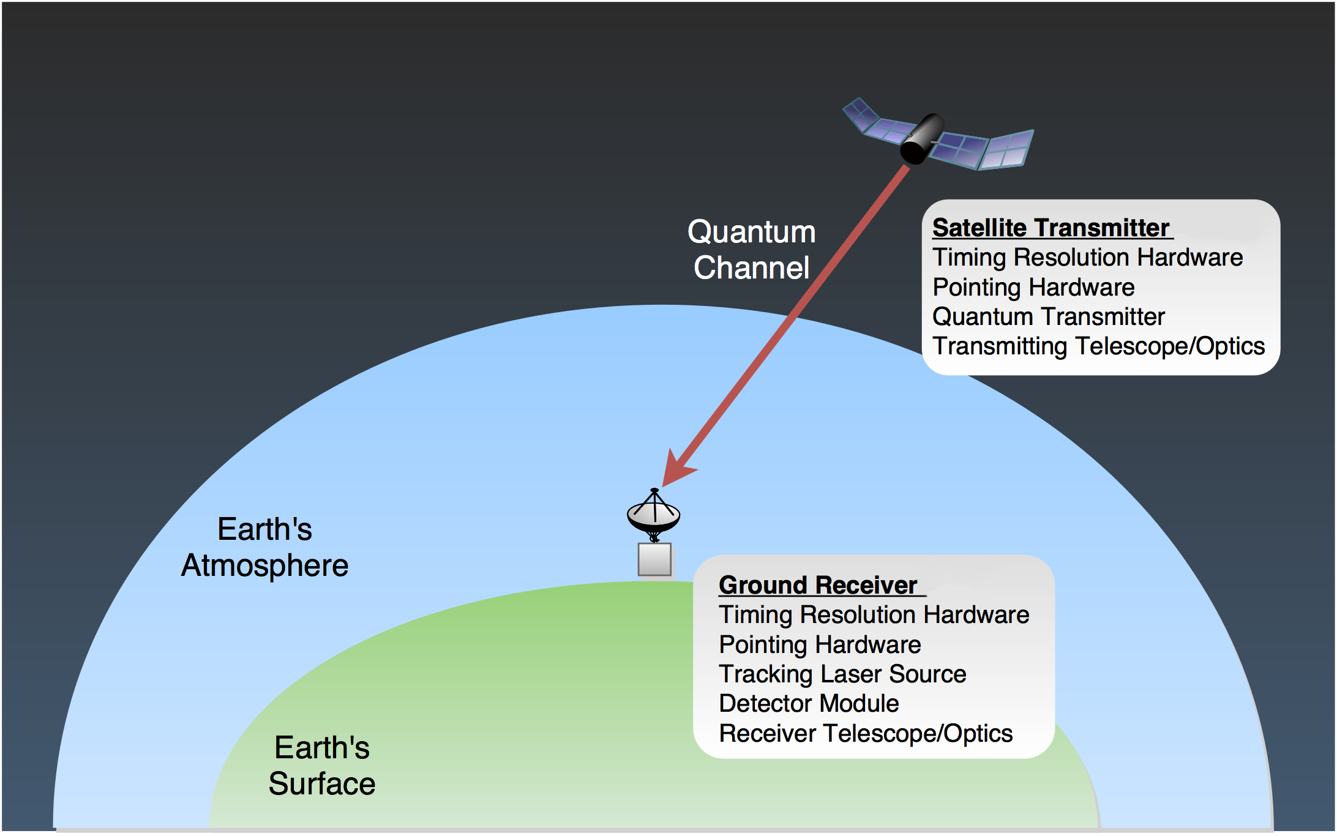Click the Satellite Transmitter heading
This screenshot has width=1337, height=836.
1050,228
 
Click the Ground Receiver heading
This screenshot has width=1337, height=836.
818,585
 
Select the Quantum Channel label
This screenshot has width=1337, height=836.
751,250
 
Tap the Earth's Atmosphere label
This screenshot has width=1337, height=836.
264,547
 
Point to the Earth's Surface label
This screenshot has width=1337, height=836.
322,766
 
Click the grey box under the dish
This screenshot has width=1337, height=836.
654,559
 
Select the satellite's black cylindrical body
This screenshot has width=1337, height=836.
922,138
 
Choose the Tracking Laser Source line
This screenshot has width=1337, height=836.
842,674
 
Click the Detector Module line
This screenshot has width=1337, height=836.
809,704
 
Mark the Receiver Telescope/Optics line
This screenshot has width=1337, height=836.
866,733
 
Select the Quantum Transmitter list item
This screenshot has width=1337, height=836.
1048,316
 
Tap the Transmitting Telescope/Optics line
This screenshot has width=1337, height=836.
1098,346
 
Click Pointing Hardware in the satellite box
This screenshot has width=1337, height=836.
1033,287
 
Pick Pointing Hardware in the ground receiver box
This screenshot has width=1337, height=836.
820,644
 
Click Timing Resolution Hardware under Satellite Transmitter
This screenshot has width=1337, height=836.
1087,257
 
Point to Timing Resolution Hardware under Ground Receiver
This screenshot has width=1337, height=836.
874,614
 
